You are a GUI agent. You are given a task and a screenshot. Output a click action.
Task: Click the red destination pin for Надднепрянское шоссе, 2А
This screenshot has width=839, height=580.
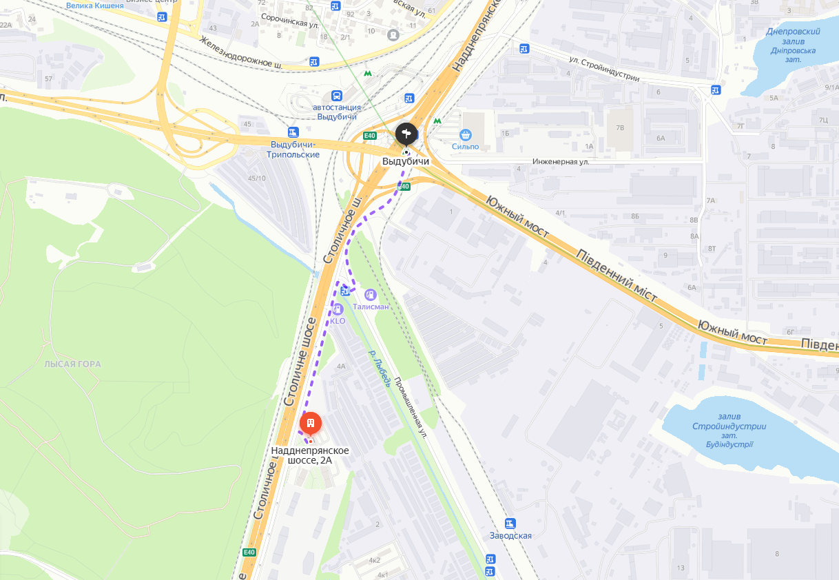pos(310,422)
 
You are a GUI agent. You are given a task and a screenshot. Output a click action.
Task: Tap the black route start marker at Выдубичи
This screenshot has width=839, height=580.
pos(406,132)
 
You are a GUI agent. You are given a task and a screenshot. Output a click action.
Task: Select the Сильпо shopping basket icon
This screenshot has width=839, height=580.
pos(466,134)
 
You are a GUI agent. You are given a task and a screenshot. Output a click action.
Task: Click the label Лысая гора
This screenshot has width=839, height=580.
pos(72,364)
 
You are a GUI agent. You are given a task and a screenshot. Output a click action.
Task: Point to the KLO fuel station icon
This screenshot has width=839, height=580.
pos(338,309)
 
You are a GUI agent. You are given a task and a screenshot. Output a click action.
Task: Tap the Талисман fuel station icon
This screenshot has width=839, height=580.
pos(371,295)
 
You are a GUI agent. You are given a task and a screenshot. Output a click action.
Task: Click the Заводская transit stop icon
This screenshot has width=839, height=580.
pos(510,524)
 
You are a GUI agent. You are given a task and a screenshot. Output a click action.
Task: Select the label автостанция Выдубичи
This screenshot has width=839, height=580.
pos(336,112)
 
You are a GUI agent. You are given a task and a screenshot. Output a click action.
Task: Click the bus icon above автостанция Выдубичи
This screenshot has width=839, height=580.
pos(336,96)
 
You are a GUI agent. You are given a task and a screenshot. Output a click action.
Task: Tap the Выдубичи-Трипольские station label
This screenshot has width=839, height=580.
pos(293,149)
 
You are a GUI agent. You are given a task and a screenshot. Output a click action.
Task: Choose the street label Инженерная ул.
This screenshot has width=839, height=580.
pos(561,162)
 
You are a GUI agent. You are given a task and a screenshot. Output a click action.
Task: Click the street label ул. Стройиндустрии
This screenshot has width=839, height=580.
pos(603,70)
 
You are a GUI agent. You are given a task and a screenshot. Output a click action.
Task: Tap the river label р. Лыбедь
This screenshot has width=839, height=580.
pos(380,369)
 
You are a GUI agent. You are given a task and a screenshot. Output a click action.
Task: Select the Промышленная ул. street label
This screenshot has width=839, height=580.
pos(411,406)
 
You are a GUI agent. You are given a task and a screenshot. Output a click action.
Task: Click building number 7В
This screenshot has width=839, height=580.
pos(620,127)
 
